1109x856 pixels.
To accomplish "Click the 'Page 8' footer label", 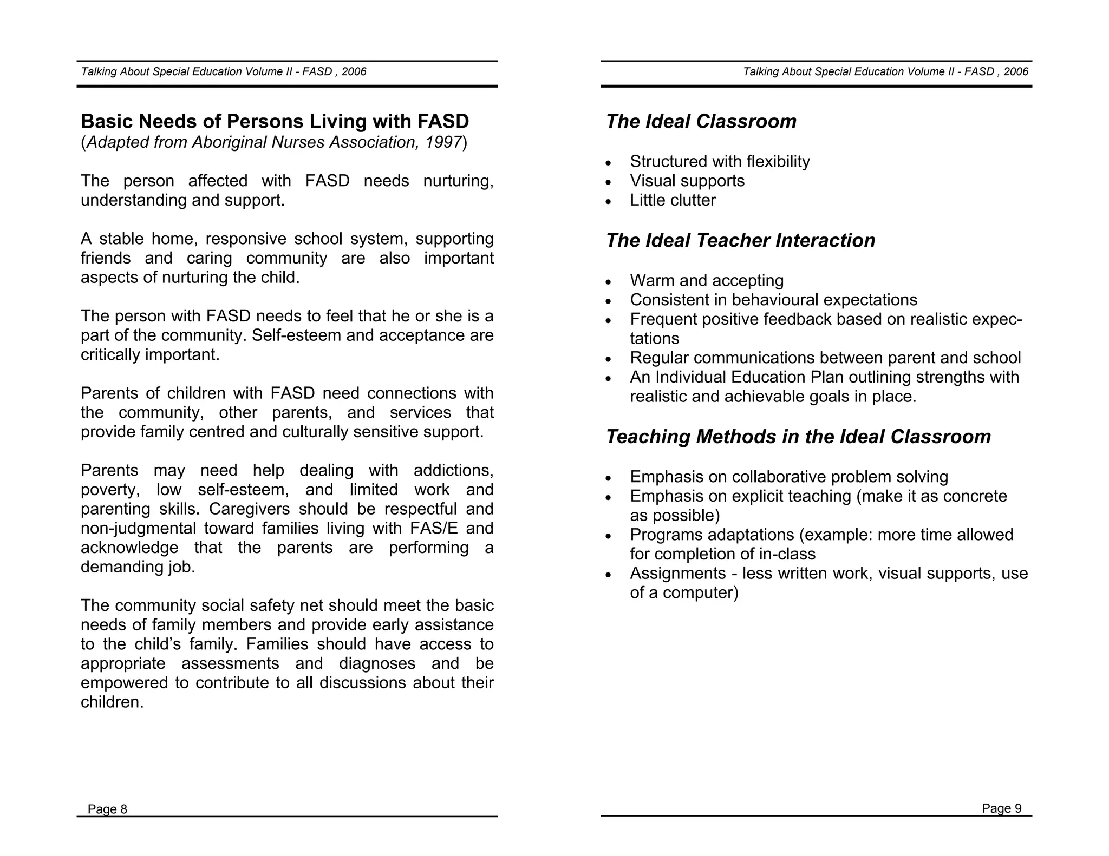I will coord(107,809).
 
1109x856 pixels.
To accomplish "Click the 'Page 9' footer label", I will coord(1001,808).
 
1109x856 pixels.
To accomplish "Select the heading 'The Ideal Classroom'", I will coord(701,121).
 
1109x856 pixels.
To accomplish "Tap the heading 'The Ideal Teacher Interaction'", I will coord(740,240).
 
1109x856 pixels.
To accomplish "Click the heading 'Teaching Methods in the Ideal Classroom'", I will coord(798,437).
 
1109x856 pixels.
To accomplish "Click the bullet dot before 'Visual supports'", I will coord(609,182).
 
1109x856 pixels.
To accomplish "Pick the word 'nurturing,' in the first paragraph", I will coord(458,181).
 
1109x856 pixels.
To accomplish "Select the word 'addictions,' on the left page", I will coord(453,470).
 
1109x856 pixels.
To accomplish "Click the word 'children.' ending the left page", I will coord(112,702).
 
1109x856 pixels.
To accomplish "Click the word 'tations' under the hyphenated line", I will coord(654,339).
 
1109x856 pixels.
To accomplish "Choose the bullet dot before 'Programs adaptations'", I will coord(609,537).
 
